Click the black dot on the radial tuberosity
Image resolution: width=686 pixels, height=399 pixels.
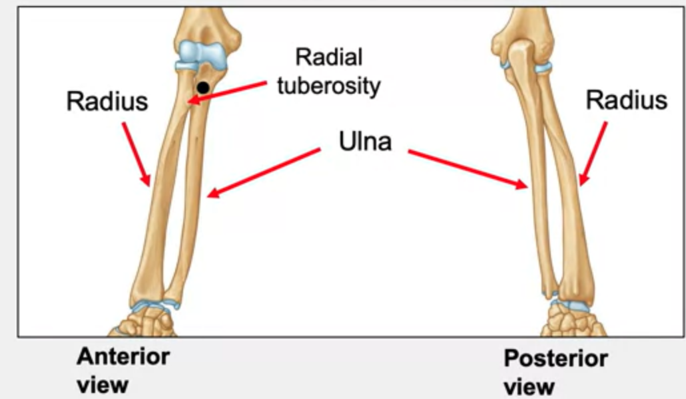tap(202, 87)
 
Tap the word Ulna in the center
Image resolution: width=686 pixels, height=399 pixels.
tap(365, 141)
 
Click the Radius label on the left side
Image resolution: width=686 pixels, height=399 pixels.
tap(107, 102)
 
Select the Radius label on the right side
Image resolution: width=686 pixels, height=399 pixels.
tap(626, 100)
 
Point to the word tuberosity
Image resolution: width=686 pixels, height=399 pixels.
tap(329, 85)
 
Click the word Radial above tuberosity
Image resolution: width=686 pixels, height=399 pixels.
tap(329, 57)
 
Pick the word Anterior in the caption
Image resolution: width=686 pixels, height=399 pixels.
tap(123, 356)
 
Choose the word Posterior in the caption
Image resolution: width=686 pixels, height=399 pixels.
tap(555, 359)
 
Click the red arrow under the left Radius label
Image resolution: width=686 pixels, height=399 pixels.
tap(136, 153)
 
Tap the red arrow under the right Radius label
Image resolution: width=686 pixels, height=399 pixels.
tap(593, 153)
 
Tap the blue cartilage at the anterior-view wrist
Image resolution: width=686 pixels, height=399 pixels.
tap(155, 305)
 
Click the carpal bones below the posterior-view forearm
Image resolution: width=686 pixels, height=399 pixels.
tap(571, 323)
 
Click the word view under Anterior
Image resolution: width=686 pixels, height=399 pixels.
tap(102, 386)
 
